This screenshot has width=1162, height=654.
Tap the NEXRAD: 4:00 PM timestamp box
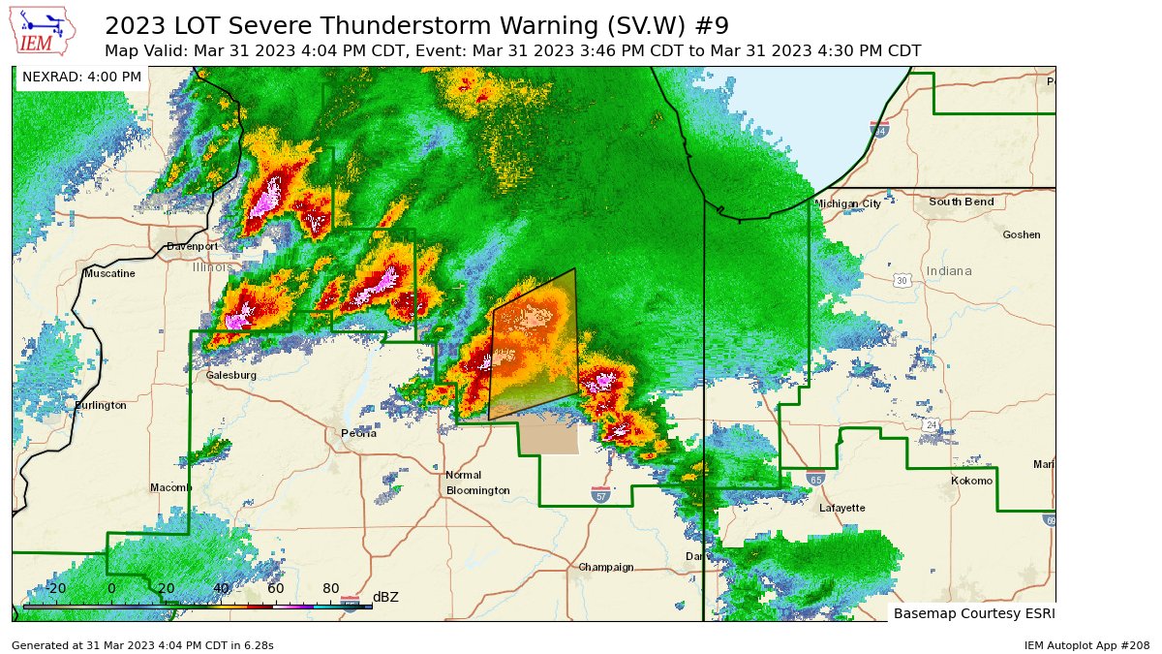81,78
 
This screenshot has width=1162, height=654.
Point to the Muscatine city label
109,274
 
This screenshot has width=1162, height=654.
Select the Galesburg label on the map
230,375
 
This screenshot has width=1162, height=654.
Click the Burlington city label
101,405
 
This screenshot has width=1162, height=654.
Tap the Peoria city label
358,433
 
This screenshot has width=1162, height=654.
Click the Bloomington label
477,490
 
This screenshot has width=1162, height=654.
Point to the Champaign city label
605,567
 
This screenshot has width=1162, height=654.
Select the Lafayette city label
841,508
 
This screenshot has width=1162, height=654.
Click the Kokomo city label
971,482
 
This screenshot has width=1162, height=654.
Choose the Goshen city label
1021,234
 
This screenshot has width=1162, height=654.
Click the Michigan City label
847,204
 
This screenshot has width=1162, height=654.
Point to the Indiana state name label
948,271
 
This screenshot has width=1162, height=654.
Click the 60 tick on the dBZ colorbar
276,589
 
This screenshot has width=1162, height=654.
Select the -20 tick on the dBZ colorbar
56,589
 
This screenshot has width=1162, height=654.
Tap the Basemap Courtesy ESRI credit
973,613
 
